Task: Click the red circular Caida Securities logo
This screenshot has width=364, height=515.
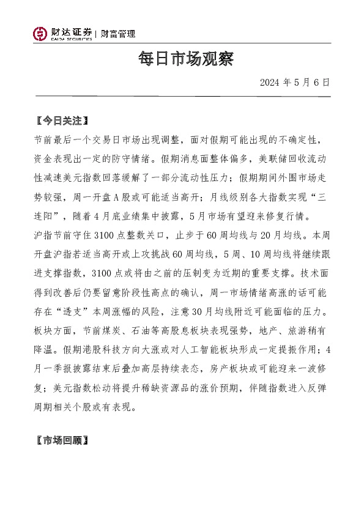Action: click(41, 34)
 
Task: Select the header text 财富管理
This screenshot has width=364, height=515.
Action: click(118, 34)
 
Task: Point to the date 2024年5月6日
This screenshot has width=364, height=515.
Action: click(295, 82)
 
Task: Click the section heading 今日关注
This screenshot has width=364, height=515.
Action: click(63, 120)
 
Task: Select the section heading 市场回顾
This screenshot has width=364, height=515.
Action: click(63, 439)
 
